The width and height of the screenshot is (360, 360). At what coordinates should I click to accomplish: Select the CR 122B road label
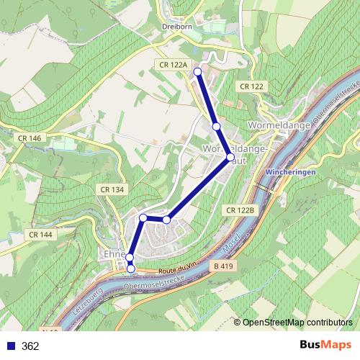(x=240, y=209)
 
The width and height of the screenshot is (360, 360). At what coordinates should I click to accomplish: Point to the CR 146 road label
(x=30, y=138)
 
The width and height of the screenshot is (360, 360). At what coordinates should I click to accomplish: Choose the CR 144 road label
(x=40, y=235)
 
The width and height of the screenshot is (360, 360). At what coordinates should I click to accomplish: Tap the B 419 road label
(x=225, y=266)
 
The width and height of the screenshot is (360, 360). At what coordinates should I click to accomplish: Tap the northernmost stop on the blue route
(x=197, y=71)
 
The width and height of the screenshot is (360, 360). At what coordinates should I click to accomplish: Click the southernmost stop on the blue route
(x=131, y=269)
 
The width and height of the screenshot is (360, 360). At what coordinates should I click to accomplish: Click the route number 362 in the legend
(x=30, y=346)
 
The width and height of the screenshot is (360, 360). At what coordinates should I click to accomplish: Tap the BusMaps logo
(x=324, y=346)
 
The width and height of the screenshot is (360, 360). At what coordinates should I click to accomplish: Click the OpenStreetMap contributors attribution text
(x=297, y=322)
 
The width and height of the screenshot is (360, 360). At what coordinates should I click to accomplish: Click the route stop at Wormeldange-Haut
(x=230, y=156)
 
